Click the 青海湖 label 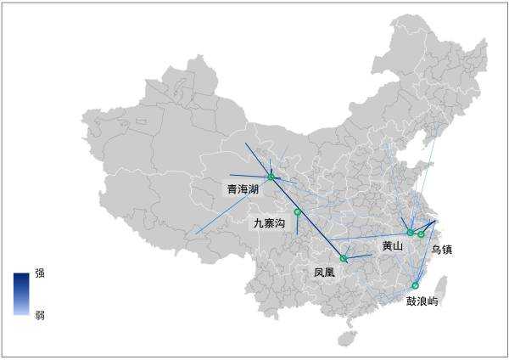[243, 188]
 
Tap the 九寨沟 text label [270, 223]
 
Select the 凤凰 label [324, 273]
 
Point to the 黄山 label [392, 246]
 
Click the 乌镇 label [441, 250]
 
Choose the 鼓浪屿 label [422, 301]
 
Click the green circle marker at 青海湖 [271, 177]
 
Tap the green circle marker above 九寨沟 [298, 211]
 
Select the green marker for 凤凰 [344, 258]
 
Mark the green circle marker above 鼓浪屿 [416, 285]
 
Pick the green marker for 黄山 [410, 232]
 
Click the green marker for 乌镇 [421, 233]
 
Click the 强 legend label [40, 274]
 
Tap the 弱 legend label [40, 315]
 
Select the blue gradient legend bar [21, 294]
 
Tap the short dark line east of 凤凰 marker [358, 256]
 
